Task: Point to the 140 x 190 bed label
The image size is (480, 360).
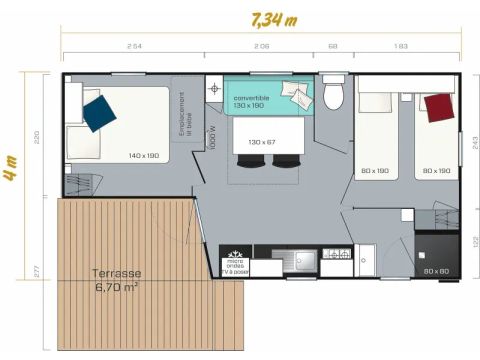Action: click(144, 156)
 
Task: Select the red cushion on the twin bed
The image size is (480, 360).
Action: click(436, 106)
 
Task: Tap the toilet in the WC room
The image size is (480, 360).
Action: click(334, 93)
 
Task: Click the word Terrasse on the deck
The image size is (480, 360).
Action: click(116, 273)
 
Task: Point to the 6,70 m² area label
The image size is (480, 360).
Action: click(117, 287)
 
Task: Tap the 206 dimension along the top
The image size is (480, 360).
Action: click(261, 46)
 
